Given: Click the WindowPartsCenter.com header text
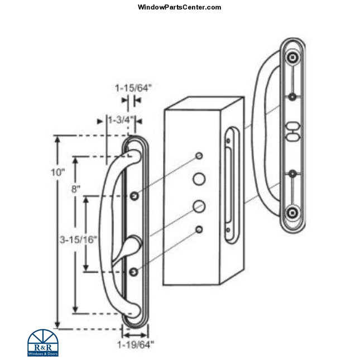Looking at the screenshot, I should coord(179,7).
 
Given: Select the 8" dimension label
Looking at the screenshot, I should coord(75,189).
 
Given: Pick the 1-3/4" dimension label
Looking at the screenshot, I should coord(120,119).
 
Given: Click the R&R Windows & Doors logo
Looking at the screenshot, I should coord(43,342).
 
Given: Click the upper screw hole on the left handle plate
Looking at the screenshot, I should coord(135,196).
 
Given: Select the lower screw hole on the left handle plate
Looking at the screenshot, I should coord(134,271).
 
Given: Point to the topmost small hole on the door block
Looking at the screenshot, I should coord(200,155).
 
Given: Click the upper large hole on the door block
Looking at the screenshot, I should coord(199,179).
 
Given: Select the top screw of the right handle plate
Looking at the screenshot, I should coord(292,58).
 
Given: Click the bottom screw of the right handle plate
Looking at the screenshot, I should coord(291,212).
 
